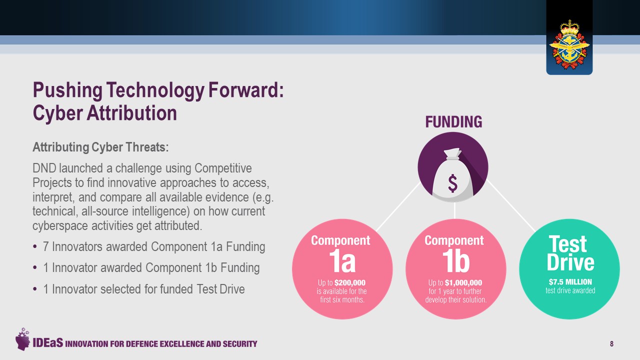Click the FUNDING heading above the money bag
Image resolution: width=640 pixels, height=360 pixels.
click(x=453, y=122)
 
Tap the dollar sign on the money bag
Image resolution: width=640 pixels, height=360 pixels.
click(x=452, y=183)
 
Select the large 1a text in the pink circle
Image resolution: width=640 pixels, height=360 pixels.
click(x=342, y=261)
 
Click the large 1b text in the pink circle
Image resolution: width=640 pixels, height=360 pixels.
click(x=456, y=261)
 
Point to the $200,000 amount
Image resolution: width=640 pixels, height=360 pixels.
click(x=349, y=283)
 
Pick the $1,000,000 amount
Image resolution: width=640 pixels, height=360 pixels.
click(x=463, y=283)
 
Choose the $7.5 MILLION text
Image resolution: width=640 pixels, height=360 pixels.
click(x=570, y=282)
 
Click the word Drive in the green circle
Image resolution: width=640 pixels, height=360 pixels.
click(x=570, y=262)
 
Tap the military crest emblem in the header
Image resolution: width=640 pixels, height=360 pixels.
click(x=569, y=44)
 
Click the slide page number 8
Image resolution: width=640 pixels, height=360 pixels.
click(x=611, y=343)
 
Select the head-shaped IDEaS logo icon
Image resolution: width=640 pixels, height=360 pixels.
click(x=22, y=339)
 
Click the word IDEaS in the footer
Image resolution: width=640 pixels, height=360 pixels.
click(x=47, y=343)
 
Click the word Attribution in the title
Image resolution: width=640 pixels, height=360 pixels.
click(x=131, y=113)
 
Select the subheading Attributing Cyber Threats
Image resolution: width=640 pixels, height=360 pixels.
click(x=100, y=147)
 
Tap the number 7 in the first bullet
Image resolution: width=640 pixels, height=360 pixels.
click(x=45, y=247)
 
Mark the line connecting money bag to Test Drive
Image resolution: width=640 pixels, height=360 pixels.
click(x=511, y=205)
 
